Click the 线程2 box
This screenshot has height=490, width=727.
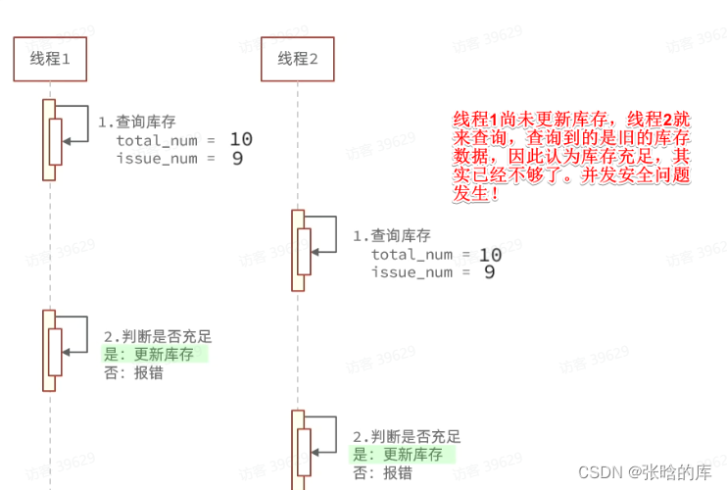[298, 60]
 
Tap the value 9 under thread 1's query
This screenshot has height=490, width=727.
[237, 158]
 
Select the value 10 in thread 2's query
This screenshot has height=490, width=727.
[490, 255]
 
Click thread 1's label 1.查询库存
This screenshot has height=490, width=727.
[137, 122]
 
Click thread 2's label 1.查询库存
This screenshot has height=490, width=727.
[391, 236]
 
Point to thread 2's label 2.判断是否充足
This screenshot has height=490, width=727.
[406, 436]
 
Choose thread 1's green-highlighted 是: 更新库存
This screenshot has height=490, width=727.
[149, 354]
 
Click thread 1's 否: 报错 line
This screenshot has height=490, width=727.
[134, 372]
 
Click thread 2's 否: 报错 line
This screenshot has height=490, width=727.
[383, 473]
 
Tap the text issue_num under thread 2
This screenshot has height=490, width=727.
[412, 272]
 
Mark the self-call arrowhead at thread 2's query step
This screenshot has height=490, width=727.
[315, 253]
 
